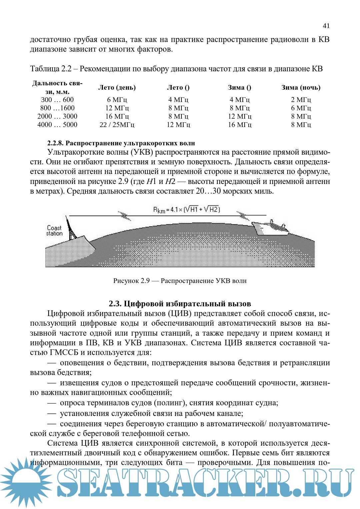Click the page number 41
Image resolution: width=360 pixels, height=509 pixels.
326,26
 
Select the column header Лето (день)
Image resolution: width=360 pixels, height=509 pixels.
117,87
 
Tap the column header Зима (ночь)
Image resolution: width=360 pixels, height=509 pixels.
301,87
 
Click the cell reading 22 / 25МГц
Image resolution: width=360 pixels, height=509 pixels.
117,125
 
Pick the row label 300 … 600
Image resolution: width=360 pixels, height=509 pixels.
57,100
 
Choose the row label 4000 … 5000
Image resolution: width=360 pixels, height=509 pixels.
57,125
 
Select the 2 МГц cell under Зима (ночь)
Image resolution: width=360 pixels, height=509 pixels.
301,100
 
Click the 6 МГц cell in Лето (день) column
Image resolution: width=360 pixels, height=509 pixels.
117,100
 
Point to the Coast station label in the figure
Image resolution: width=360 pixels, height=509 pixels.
54,230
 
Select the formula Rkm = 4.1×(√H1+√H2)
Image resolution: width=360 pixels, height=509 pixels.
186,210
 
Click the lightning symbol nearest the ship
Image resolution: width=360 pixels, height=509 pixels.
243,216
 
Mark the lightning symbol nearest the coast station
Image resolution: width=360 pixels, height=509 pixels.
125,216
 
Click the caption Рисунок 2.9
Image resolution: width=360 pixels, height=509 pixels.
131,281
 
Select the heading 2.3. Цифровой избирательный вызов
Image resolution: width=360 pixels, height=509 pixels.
180,304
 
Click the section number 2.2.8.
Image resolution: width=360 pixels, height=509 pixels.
55,143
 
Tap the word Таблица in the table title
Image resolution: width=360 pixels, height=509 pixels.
45,69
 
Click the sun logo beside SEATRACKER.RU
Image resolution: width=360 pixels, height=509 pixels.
26,483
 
